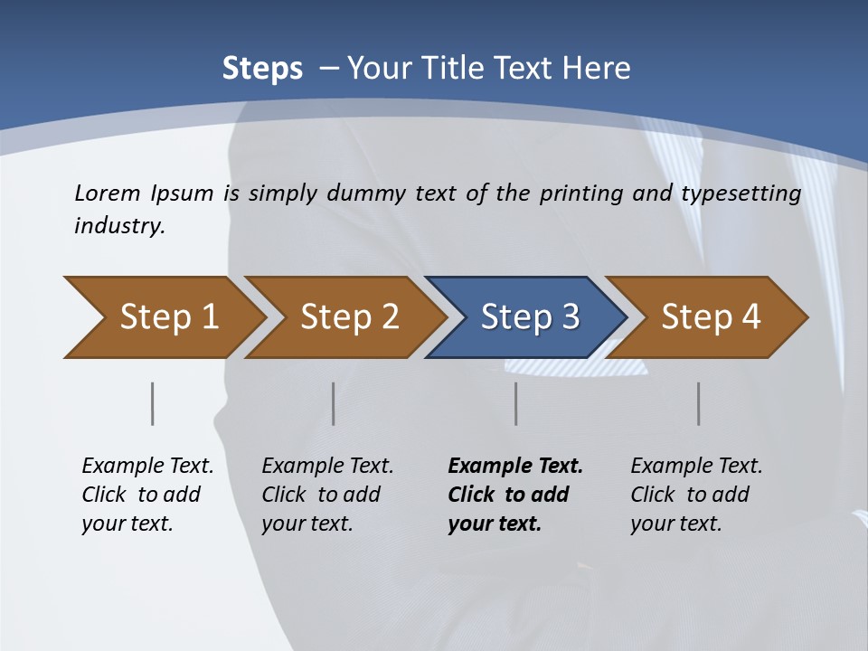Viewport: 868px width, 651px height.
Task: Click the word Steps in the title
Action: click(262, 69)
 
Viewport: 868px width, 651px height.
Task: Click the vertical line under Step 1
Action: click(153, 403)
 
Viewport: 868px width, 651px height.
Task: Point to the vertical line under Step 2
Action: click(334, 403)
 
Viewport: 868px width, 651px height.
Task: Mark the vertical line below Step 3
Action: click(516, 403)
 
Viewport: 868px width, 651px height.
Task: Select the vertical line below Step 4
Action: click(699, 403)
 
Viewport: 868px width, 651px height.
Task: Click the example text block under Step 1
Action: click(147, 495)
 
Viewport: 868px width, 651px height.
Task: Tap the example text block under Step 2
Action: click(327, 495)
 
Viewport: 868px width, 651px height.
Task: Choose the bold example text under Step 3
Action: click(515, 495)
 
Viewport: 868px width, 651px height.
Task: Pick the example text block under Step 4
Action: click(696, 495)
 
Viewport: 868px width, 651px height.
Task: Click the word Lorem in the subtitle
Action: click(107, 193)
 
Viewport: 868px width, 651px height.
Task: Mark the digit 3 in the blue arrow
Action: click(570, 316)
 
